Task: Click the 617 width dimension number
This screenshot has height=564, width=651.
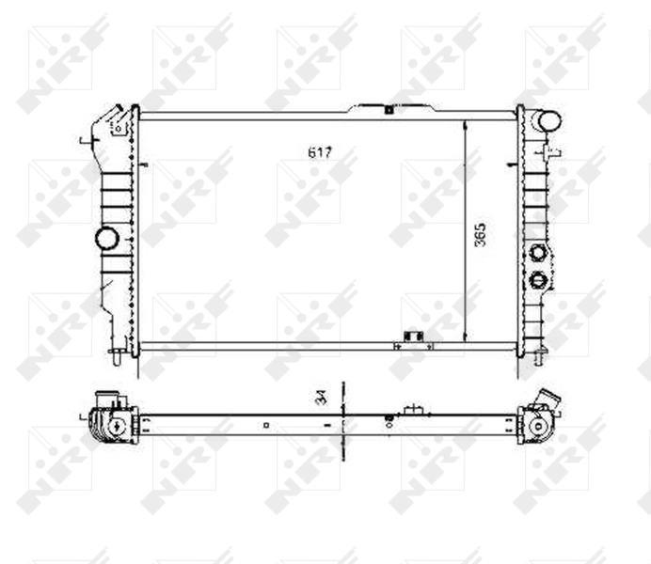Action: tap(319, 152)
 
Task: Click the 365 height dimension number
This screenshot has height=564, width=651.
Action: tap(481, 234)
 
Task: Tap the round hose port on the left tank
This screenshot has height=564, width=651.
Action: tap(107, 238)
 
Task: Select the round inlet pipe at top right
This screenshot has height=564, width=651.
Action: tap(548, 121)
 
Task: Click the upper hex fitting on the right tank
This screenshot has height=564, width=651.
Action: tap(538, 252)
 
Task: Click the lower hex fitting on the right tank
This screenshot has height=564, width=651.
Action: tap(538, 279)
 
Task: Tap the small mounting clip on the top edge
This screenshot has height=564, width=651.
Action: tap(388, 109)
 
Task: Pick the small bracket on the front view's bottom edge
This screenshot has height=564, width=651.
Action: tap(410, 337)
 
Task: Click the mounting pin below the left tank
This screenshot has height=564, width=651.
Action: tap(116, 355)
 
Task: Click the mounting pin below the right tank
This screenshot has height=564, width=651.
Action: tap(540, 357)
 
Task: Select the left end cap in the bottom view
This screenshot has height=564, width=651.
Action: tap(110, 425)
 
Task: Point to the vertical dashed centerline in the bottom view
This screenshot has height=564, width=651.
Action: tap(343, 423)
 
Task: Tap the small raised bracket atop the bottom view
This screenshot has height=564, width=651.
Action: tap(411, 410)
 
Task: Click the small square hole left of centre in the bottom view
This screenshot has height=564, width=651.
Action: tap(266, 425)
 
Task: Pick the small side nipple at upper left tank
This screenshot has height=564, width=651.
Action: tap(86, 142)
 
